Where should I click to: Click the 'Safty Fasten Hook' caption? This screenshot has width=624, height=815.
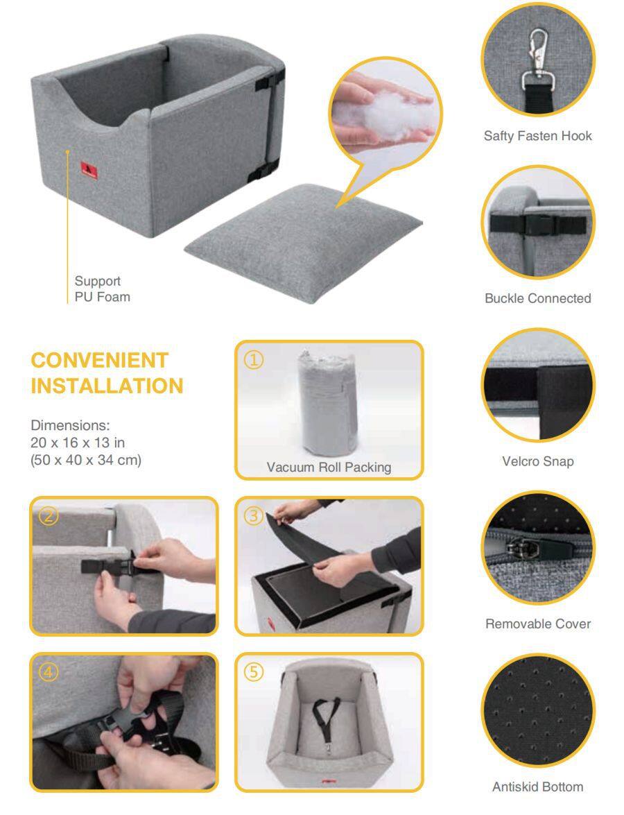point(538,136)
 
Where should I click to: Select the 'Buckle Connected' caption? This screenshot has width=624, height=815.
point(538,298)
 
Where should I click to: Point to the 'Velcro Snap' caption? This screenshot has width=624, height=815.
point(538,461)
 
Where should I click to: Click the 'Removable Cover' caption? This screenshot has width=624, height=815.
point(538,624)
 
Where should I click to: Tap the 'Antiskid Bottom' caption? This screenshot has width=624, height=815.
point(538,787)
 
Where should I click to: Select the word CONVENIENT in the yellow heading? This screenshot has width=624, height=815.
point(99,360)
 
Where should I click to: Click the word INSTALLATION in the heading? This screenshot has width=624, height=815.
point(107,386)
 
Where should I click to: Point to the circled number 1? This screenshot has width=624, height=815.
point(254,360)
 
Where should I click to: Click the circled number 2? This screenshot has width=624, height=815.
point(49,515)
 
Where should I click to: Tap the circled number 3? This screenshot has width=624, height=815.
point(254,515)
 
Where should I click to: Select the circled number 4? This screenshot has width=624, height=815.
point(49,672)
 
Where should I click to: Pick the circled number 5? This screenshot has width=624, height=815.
point(254,672)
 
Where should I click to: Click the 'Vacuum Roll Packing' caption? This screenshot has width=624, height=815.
point(329,467)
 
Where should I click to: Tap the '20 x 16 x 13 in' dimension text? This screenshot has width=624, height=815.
point(78,443)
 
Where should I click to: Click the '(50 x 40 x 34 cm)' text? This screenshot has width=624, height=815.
point(86,460)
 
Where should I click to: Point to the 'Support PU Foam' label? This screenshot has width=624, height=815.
point(103,289)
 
